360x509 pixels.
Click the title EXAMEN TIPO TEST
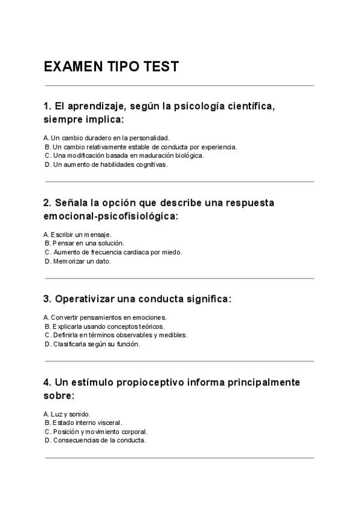(x=111, y=67)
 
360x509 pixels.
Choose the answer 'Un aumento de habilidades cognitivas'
(x=106, y=164)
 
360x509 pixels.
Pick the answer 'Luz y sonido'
(x=67, y=414)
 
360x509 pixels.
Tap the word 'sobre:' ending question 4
(x=59, y=396)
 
